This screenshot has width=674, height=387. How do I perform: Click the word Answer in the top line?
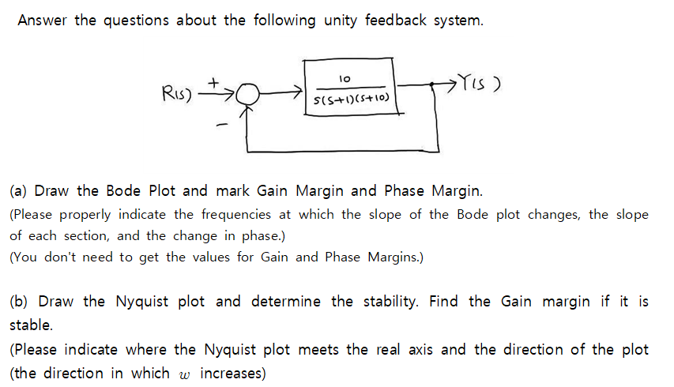43,21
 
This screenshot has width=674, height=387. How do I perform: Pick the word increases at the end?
233,374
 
